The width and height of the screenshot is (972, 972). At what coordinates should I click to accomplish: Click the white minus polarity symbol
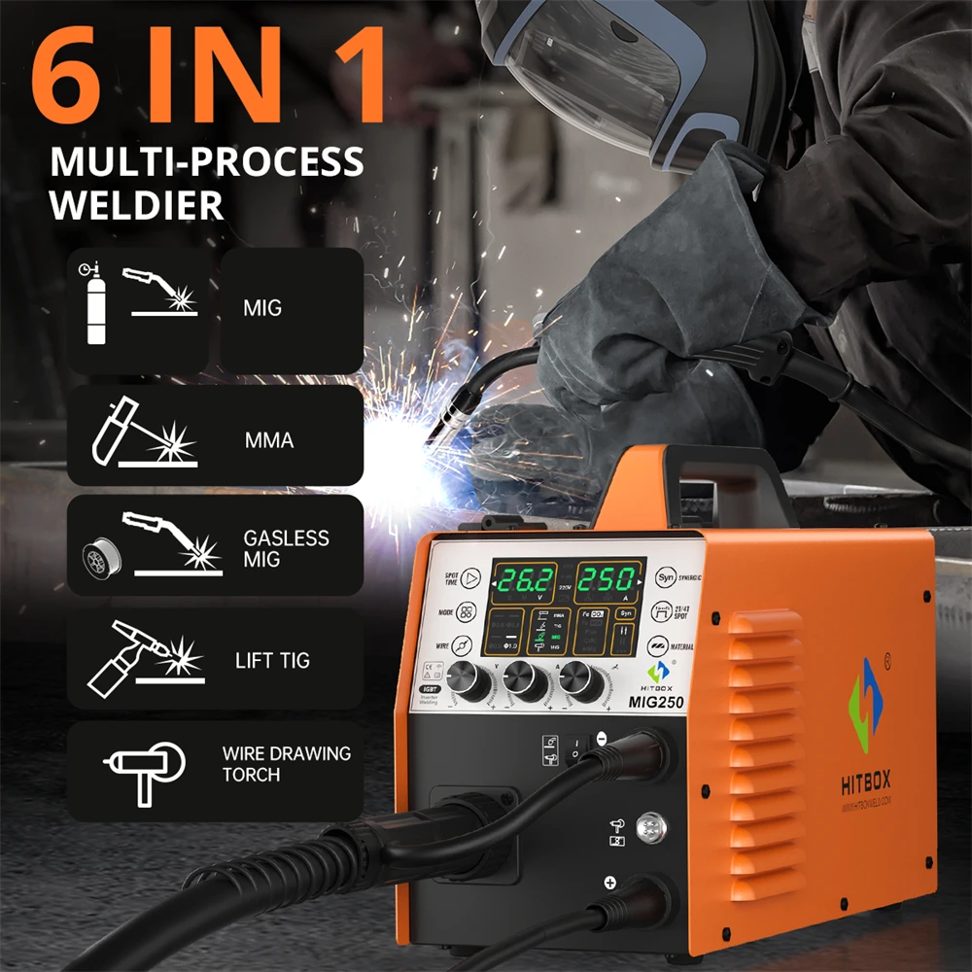601,739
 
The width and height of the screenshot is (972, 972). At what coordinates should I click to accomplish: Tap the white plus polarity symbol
610,883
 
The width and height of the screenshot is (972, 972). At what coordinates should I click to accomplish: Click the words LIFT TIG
272,661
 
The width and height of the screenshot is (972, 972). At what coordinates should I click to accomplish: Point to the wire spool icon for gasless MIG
101,557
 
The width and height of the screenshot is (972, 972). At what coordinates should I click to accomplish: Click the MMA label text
268,440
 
